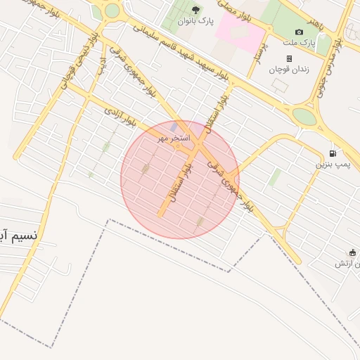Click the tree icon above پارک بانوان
click(x=195, y=10)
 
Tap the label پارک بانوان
click(x=195, y=21)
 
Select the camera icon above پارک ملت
click(x=300, y=32)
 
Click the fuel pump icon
click(x=333, y=153)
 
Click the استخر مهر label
click(x=174, y=139)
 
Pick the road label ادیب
click(x=103, y=65)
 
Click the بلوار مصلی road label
click(x=238, y=8)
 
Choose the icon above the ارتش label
click(x=352, y=252)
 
